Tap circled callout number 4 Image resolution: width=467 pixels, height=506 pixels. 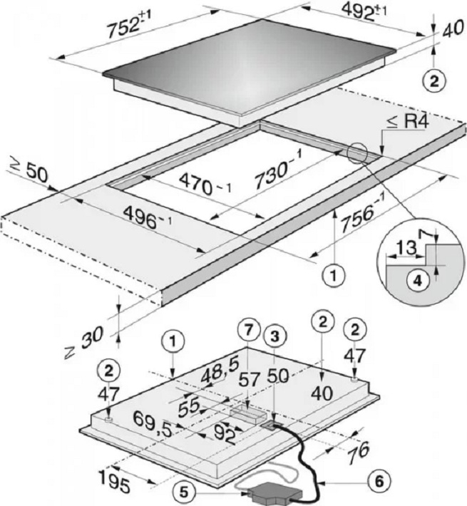coord(421,279)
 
